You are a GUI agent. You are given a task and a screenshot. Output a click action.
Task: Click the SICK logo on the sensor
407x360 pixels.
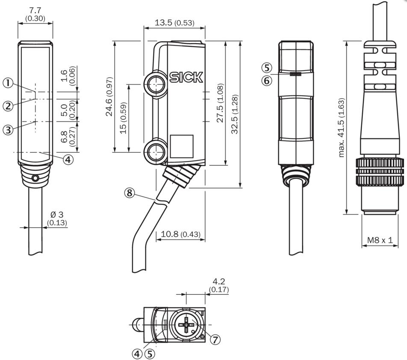(x=186, y=77)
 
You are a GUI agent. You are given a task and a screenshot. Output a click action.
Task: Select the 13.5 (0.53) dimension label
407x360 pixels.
(x=174, y=23)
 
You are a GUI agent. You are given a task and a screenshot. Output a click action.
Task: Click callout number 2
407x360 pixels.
(x=8, y=105)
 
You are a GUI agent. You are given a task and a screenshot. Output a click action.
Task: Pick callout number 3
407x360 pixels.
(x=8, y=130)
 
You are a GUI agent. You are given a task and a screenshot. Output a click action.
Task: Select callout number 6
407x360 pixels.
(x=267, y=80)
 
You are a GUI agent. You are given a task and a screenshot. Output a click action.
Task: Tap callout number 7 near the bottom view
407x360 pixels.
(x=215, y=340)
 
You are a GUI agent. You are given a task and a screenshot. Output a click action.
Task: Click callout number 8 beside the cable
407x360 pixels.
(x=130, y=193)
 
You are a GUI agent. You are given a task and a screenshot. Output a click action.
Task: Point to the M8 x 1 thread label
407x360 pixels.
(x=380, y=240)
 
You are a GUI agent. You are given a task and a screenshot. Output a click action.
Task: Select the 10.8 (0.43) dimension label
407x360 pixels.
(x=181, y=234)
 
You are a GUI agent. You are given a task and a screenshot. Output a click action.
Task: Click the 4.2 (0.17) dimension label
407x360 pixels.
(x=219, y=285)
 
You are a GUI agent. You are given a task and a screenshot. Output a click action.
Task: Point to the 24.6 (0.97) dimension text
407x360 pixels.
(x=109, y=97)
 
